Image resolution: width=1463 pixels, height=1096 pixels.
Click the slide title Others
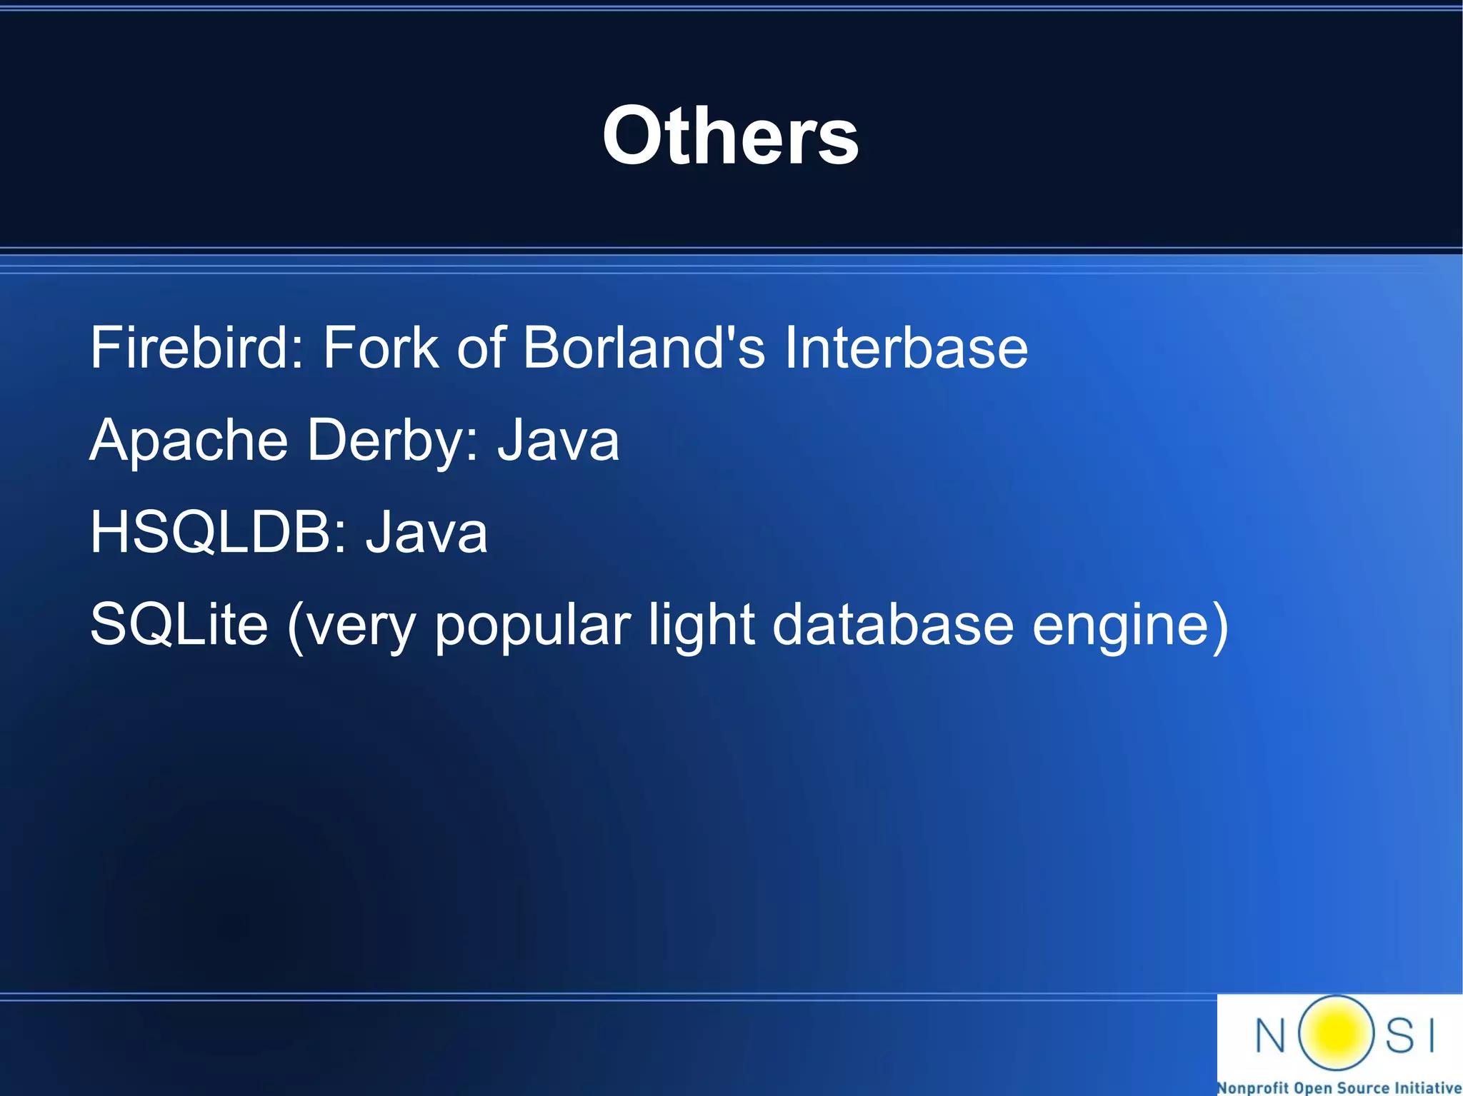click(x=730, y=136)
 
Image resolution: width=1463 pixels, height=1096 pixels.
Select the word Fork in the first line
click(x=380, y=348)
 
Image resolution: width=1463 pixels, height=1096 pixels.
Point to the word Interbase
click(x=906, y=348)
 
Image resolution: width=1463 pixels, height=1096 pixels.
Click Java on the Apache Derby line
click(x=559, y=441)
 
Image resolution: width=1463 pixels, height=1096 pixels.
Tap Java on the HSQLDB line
click(x=426, y=533)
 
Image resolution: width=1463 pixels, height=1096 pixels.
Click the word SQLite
click(x=179, y=625)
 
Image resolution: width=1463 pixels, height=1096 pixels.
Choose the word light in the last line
click(x=701, y=625)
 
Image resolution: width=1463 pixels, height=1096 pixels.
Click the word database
click(x=893, y=625)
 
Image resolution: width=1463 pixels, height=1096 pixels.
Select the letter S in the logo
click(x=1400, y=1035)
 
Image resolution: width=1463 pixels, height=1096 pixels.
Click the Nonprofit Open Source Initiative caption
click(x=1339, y=1087)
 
